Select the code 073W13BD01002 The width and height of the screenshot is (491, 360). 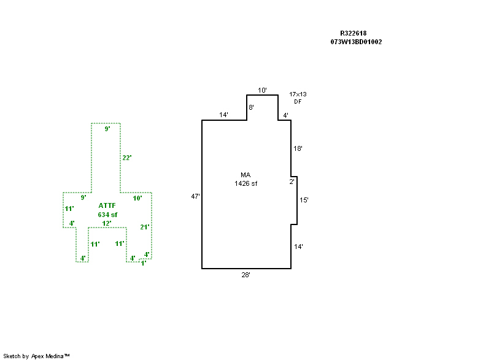[x=356, y=42]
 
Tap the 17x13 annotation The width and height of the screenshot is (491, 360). [x=298, y=94]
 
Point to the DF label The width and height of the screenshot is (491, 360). [x=298, y=101]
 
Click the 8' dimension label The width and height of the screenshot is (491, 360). [x=251, y=107]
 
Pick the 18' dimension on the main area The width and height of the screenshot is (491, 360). [x=298, y=148]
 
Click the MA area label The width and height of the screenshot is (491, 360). [x=245, y=175]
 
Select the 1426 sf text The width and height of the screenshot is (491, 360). [x=245, y=183]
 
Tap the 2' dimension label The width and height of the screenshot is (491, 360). [x=292, y=182]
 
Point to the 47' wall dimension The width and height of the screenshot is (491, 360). [x=195, y=196]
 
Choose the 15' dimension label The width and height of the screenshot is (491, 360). [x=303, y=200]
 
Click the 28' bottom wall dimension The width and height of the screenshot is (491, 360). [x=245, y=275]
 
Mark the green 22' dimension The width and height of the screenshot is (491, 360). [x=127, y=158]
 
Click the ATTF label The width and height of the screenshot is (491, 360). [x=107, y=206]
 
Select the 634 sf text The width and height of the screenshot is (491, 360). [x=107, y=215]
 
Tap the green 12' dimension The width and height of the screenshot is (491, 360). [x=107, y=223]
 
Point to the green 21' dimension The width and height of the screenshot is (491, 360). [x=145, y=227]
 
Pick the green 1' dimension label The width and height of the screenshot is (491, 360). [x=143, y=263]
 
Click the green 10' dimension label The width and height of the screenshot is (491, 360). [x=137, y=198]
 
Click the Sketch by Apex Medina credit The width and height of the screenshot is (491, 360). [x=36, y=356]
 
